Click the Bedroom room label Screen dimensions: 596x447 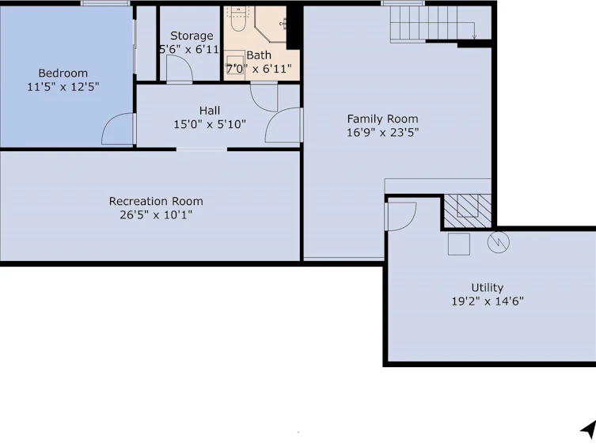pyautogui.click(x=63, y=73)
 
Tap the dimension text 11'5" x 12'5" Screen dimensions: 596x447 pyautogui.click(x=63, y=87)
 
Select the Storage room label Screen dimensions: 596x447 pyautogui.click(x=192, y=36)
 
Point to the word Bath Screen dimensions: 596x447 pyautogui.click(x=259, y=55)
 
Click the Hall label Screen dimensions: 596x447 pyautogui.click(x=210, y=111)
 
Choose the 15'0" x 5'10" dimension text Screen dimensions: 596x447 pyautogui.click(x=210, y=124)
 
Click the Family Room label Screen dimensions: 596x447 pyautogui.click(x=383, y=119)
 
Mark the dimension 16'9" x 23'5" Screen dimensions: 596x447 pyautogui.click(x=383, y=133)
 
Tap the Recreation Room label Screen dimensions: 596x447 pyautogui.click(x=156, y=201)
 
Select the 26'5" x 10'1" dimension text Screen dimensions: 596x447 pyautogui.click(x=156, y=215)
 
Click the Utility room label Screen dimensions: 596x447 pyautogui.click(x=488, y=287)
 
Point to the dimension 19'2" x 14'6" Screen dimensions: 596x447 pyautogui.click(x=488, y=301)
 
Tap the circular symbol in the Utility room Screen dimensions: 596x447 pyautogui.click(x=499, y=242)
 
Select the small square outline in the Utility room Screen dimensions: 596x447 pyautogui.click(x=459, y=244)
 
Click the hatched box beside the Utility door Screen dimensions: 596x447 pyautogui.click(x=467, y=211)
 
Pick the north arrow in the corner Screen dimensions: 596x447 pyautogui.click(x=588, y=430)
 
